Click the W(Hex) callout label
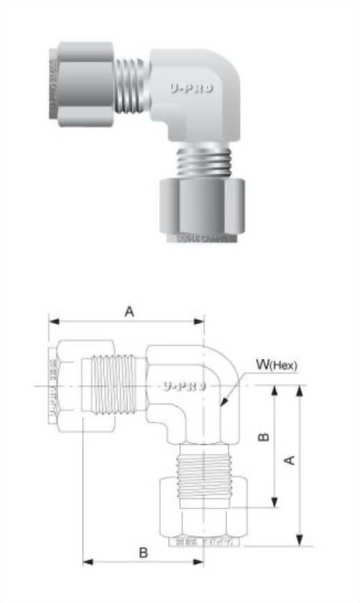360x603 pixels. (x=276, y=364)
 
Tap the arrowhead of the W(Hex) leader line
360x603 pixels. (x=223, y=405)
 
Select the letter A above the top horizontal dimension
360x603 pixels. (x=129, y=312)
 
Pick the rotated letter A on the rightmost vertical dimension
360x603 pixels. (x=289, y=461)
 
